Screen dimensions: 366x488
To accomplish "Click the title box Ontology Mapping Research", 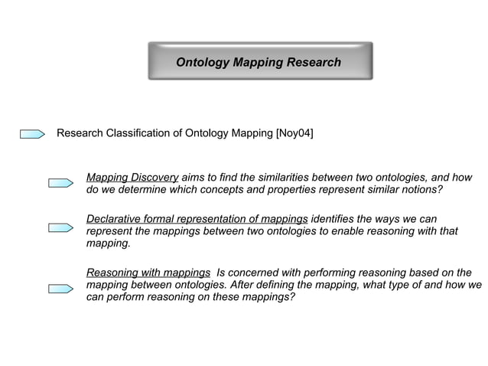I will point(259,62).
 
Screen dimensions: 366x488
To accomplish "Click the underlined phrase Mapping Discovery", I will point(132,176).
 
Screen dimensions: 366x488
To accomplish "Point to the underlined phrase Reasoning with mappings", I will point(148,273).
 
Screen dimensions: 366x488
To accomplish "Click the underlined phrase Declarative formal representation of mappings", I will point(197,219).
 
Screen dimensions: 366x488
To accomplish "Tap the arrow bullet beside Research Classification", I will point(33,135).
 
